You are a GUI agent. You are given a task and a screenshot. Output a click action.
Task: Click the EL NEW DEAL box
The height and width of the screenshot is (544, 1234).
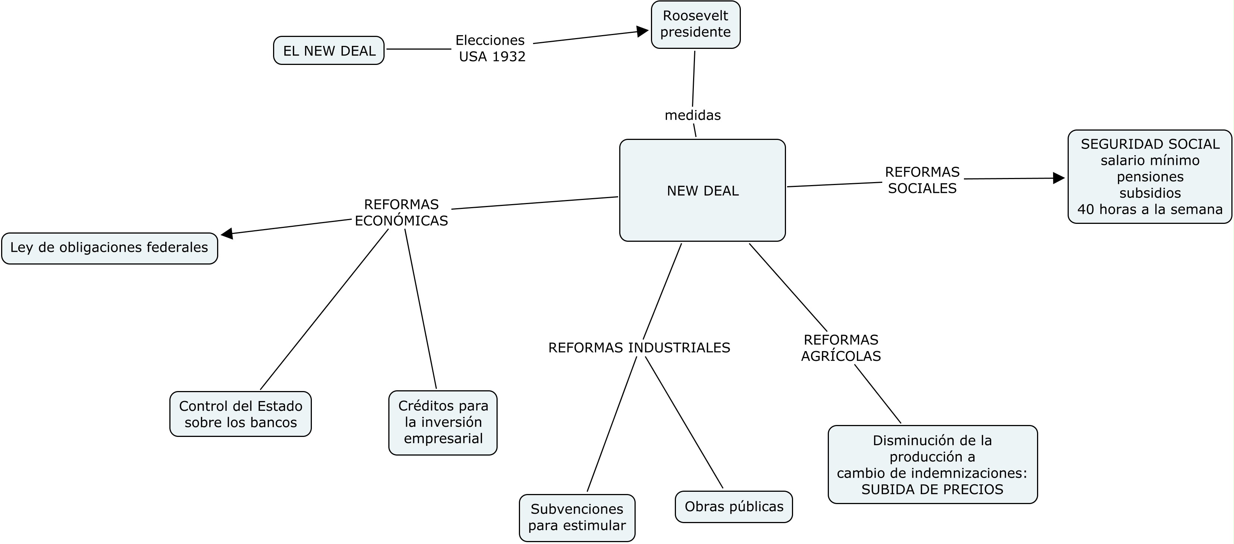(329, 50)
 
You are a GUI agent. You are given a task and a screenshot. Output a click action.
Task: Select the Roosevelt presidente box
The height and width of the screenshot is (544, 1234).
(696, 25)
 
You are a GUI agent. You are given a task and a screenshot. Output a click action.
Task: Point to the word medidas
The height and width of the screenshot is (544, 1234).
(693, 115)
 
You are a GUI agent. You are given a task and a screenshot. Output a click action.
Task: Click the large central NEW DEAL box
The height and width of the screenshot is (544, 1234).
(702, 190)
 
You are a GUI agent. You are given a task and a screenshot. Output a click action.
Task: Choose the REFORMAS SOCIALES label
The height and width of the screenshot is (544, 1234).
(922, 180)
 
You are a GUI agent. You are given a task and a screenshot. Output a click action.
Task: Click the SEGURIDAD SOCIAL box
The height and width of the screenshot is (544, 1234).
(1150, 176)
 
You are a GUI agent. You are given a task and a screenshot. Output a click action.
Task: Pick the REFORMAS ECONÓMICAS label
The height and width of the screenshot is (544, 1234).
(401, 212)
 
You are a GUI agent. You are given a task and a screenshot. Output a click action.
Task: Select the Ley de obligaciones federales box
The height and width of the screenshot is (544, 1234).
(110, 248)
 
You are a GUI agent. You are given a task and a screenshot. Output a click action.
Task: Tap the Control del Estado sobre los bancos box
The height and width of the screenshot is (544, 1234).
(241, 414)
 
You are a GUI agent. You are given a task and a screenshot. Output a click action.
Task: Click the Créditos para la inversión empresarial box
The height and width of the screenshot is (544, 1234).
(443, 423)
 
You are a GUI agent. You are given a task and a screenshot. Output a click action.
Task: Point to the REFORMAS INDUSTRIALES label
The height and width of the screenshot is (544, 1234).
(639, 347)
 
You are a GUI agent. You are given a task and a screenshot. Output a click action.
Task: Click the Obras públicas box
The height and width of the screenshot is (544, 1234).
(734, 507)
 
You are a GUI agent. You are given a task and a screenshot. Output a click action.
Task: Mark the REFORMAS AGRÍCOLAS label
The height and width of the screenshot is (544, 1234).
(841, 348)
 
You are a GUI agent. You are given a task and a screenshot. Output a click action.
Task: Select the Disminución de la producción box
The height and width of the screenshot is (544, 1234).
(933, 465)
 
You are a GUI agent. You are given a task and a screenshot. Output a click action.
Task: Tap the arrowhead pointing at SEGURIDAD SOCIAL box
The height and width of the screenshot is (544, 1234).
(1059, 178)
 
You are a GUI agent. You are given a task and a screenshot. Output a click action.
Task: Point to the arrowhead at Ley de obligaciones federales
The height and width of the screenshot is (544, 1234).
(226, 234)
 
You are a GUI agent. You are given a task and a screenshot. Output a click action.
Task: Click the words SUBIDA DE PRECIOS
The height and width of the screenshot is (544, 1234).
(932, 490)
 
